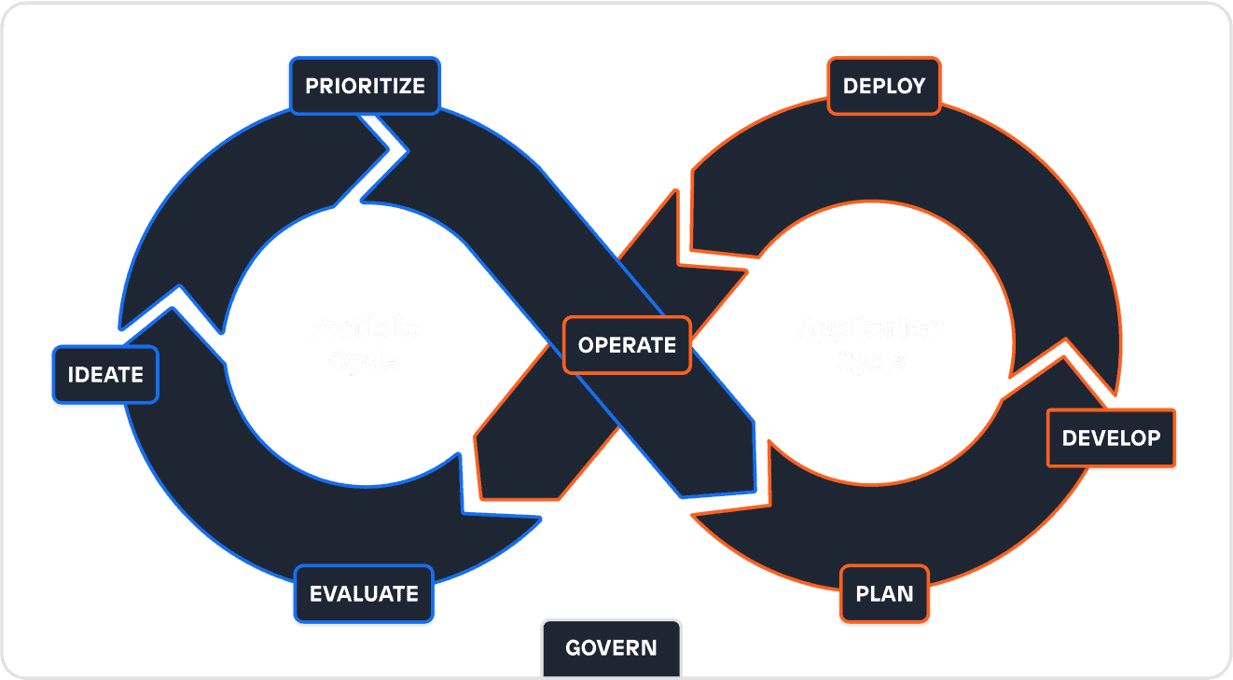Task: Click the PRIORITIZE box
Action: tap(365, 87)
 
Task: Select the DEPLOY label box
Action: tap(884, 87)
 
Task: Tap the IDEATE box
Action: tap(105, 375)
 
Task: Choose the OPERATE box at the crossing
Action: tap(627, 345)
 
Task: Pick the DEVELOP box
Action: tap(1111, 438)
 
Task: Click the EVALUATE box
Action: tap(364, 594)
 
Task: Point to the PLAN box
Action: tap(884, 594)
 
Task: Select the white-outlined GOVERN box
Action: tap(611, 648)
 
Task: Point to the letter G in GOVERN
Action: tap(574, 648)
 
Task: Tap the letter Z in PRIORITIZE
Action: tap(402, 87)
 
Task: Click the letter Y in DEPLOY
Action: tap(918, 87)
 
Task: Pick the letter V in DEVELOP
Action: tap(1098, 438)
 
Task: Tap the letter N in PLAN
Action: tap(905, 594)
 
